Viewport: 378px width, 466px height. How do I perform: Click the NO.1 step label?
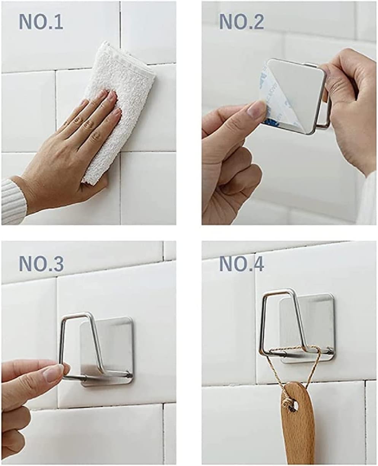tap(41, 22)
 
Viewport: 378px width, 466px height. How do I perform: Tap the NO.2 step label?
tap(241, 22)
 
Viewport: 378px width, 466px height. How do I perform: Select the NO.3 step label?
tap(41, 264)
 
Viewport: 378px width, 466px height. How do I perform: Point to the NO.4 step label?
tap(241, 264)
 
